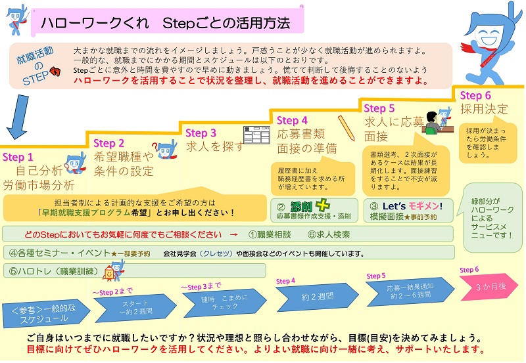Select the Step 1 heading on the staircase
click(x=18, y=158)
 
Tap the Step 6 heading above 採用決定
click(x=475, y=96)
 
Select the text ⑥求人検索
click(x=329, y=234)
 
